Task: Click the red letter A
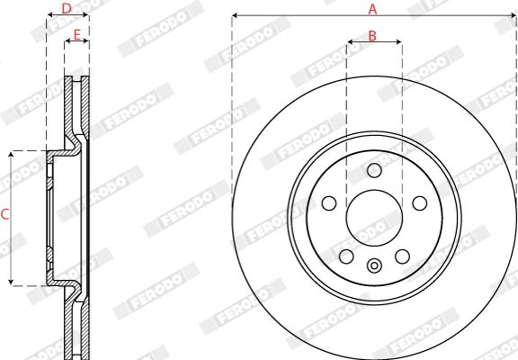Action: tap(372, 9)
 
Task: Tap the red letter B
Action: tap(372, 36)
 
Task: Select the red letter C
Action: tap(4, 214)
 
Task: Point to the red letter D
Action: tap(67, 9)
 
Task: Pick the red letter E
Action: tap(76, 35)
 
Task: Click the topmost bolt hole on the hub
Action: tap(374, 171)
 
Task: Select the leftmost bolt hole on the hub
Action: tap(329, 203)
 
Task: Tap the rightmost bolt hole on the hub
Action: tap(420, 203)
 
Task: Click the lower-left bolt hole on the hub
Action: tap(346, 256)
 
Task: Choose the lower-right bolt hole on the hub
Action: tap(402, 256)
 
